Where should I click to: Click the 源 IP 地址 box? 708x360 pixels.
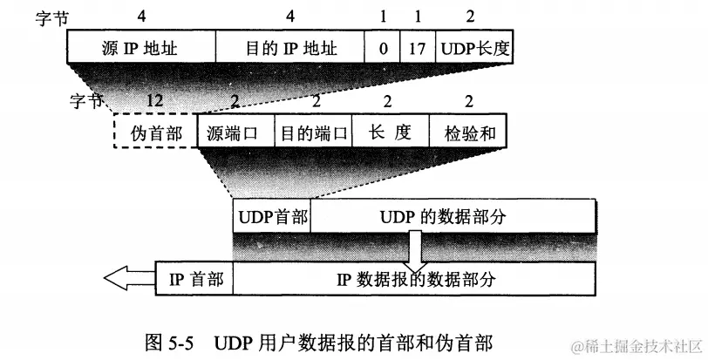[x=140, y=47]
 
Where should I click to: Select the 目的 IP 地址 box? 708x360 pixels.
[x=289, y=47]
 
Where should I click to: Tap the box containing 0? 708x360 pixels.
[x=383, y=47]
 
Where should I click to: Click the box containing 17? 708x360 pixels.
[x=417, y=47]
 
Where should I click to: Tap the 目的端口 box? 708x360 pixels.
[x=312, y=133]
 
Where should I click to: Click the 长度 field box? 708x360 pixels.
[x=390, y=133]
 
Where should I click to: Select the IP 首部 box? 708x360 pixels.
[x=194, y=280]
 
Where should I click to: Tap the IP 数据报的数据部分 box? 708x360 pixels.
[x=415, y=280]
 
